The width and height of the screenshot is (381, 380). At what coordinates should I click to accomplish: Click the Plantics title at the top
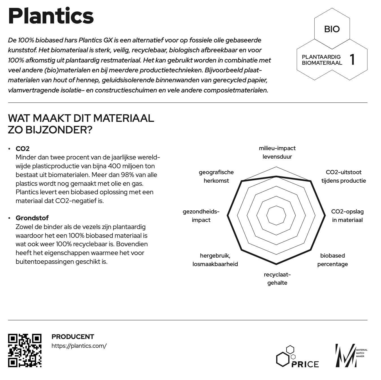pyautogui.click(x=51, y=16)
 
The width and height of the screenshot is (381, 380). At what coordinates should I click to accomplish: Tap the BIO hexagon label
pyautogui.click(x=332, y=29)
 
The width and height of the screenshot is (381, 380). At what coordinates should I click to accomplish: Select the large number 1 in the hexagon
pyautogui.click(x=352, y=59)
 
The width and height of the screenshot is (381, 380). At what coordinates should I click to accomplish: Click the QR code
pyautogui.click(x=25, y=350)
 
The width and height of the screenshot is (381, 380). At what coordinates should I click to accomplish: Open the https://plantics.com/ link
pyautogui.click(x=79, y=346)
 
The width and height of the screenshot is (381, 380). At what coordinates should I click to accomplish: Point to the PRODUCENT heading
pyautogui.click(x=73, y=336)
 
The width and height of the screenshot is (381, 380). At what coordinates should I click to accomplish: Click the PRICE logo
pyautogui.click(x=297, y=357)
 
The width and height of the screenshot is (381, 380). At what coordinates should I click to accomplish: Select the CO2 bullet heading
pyautogui.click(x=23, y=149)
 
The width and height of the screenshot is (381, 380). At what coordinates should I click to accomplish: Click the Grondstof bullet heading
pyautogui.click(x=32, y=218)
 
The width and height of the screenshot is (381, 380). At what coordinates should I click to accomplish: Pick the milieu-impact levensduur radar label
pyautogui.click(x=277, y=152)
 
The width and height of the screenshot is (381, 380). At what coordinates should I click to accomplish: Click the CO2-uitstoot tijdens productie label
pyautogui.click(x=343, y=176)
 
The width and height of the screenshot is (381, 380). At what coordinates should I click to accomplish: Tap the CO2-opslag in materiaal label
pyautogui.click(x=347, y=216)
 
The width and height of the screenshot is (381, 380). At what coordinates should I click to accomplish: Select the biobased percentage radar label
pyautogui.click(x=332, y=260)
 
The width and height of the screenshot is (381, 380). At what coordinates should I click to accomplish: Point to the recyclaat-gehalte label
pyautogui.click(x=277, y=278)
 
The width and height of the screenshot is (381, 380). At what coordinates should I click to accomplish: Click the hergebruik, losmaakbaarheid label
pyautogui.click(x=215, y=260)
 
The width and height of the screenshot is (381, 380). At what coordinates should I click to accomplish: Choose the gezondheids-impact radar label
pyautogui.click(x=201, y=216)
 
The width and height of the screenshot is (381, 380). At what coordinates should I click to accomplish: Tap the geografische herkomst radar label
pyautogui.click(x=216, y=176)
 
